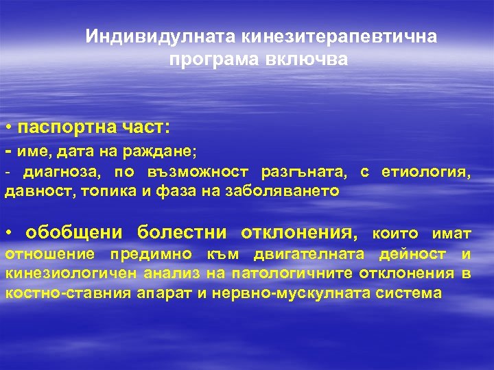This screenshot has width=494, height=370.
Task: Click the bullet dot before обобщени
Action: (x=8, y=234)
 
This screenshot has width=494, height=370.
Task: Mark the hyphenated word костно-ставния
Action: (x=58, y=293)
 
